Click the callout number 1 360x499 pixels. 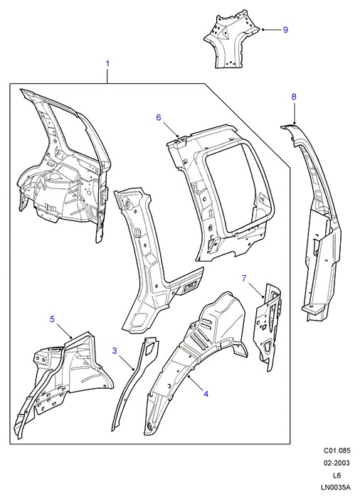tap(107, 64)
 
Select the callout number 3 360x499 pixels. tap(115, 350)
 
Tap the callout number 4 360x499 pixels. tap(206, 394)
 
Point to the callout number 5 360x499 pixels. tap(52, 319)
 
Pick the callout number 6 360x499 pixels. tap(159, 117)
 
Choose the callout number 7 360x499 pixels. tap(244, 279)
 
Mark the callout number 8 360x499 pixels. tap(294, 97)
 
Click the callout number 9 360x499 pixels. tap(285, 30)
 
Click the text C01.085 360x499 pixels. tap(337, 451)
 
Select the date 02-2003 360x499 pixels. tap(337, 463)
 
